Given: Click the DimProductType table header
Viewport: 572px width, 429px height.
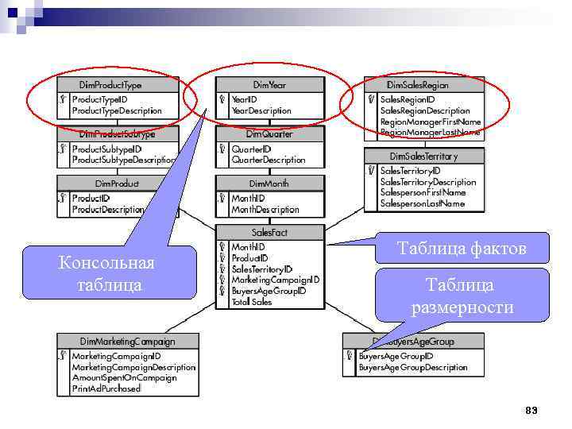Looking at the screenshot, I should point(110,84).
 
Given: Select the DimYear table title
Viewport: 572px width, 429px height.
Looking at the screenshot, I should point(270,84).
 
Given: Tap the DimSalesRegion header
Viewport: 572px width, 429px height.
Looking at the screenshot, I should point(417,84).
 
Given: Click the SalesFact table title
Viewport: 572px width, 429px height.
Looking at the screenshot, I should point(270,232).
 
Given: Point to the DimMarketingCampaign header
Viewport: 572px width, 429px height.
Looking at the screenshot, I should point(127,341).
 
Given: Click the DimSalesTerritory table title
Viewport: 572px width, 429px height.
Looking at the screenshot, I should point(423,157).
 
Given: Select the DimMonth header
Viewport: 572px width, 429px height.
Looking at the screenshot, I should point(270,184).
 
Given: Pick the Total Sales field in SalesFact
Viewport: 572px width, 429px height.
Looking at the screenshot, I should point(251,302).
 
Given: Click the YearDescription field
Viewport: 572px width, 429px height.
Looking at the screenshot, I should point(261,110).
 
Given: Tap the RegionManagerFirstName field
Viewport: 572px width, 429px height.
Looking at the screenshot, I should point(431,122).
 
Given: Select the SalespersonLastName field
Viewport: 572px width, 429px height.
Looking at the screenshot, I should point(422,203).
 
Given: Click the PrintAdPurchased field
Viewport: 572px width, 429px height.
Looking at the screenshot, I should point(106,388).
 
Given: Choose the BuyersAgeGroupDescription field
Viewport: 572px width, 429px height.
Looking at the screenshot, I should point(413,367).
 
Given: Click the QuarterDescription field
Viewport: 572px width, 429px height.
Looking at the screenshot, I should point(268,160).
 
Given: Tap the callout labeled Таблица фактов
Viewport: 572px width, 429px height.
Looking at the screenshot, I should point(462,249).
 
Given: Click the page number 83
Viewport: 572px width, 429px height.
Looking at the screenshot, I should point(531,410).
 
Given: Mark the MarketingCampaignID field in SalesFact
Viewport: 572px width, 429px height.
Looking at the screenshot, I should point(275,280).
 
